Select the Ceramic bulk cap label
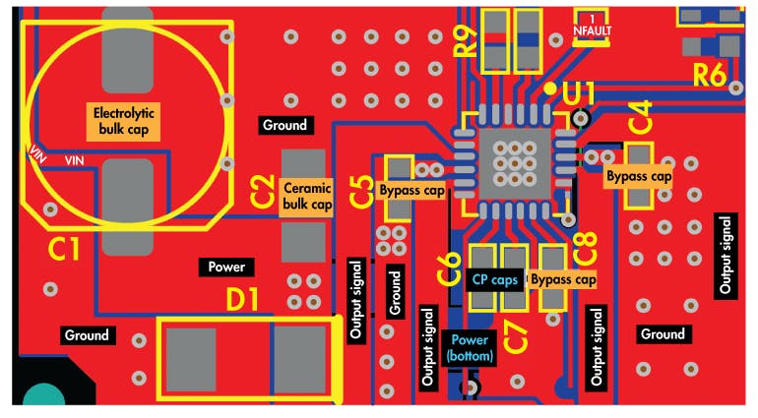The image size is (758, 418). [308, 196]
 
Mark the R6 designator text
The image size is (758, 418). [711, 75]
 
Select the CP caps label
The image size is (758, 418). [494, 280]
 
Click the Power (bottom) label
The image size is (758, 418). [470, 346]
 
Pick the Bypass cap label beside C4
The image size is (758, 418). [638, 177]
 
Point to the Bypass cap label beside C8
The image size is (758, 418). [564, 280]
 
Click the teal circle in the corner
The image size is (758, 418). [42, 398]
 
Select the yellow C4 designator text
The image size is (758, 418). [640, 118]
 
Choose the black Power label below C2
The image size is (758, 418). [226, 267]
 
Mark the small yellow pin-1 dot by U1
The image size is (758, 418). [550, 89]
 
